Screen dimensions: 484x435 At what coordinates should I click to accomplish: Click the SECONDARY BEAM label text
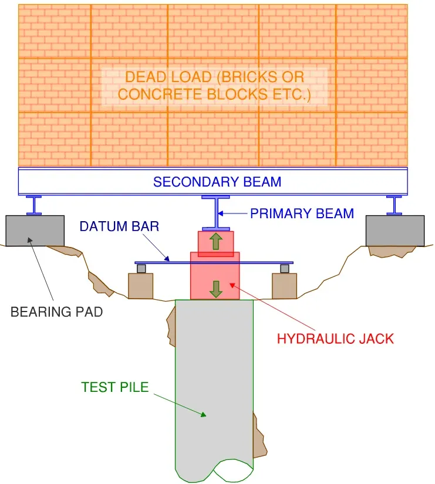pyautogui.click(x=217, y=182)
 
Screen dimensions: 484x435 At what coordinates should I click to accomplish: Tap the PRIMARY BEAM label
pyautogui.click(x=302, y=214)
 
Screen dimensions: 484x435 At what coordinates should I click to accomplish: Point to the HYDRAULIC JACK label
pyautogui.click(x=335, y=339)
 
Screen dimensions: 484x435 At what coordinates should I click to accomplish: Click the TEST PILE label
pyautogui.click(x=115, y=387)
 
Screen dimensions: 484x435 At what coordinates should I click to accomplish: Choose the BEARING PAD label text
pyautogui.click(x=56, y=312)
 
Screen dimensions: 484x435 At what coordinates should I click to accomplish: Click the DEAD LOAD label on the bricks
pyautogui.click(x=214, y=86)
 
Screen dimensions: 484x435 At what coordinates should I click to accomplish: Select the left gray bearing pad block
pyautogui.click(x=35, y=230)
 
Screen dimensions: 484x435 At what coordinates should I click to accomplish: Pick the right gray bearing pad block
pyautogui.click(x=394, y=230)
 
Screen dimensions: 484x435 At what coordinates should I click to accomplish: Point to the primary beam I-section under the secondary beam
pyautogui.click(x=215, y=213)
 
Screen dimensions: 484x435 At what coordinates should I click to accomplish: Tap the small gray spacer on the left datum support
pyautogui.click(x=141, y=269)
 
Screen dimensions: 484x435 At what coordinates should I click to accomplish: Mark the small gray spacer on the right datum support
pyautogui.click(x=284, y=269)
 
